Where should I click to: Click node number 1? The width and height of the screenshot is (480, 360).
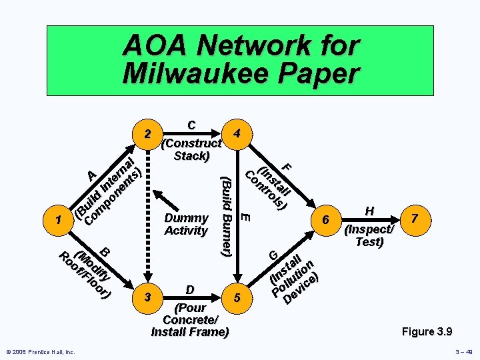pyautogui.click(x=61, y=219)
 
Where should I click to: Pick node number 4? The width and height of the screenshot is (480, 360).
pyautogui.click(x=237, y=133)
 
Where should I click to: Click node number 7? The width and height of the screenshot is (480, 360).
pyautogui.click(x=414, y=219)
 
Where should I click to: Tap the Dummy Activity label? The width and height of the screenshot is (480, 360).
pyautogui.click(x=186, y=224)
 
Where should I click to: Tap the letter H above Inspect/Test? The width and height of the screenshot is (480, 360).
pyautogui.click(x=369, y=211)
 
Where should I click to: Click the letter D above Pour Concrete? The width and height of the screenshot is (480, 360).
pyautogui.click(x=190, y=289)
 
